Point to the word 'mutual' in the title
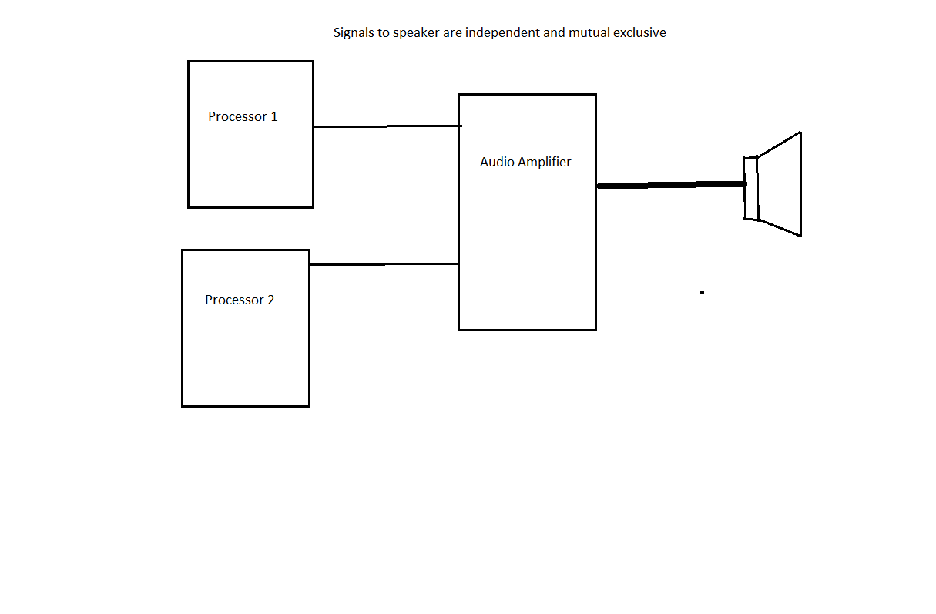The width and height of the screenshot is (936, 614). [x=589, y=33]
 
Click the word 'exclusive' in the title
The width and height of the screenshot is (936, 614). [x=639, y=33]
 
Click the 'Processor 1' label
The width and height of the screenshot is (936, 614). [x=243, y=117]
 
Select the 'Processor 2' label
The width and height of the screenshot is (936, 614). [x=240, y=300]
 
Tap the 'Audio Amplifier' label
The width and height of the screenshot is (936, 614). [x=525, y=162]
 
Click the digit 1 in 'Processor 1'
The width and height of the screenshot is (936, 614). [x=273, y=117]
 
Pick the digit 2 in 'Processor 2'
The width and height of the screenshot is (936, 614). [x=270, y=300]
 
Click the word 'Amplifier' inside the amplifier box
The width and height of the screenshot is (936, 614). [x=545, y=162]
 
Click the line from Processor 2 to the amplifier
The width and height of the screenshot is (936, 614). [x=384, y=264]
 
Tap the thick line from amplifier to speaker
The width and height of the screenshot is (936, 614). [x=670, y=185]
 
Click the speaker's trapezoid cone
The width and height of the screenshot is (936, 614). [x=782, y=185]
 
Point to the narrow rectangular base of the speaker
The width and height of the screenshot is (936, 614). [x=750, y=188]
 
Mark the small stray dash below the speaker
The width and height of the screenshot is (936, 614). [x=702, y=293]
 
